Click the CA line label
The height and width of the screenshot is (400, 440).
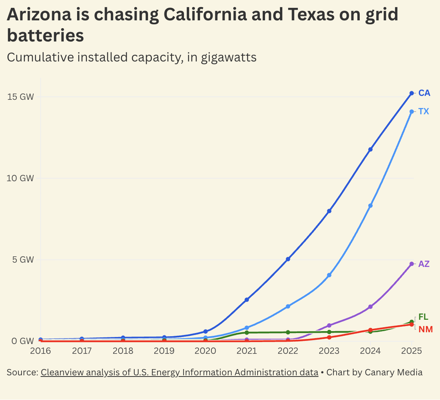click(x=424, y=93)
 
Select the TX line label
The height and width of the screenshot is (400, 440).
click(x=424, y=112)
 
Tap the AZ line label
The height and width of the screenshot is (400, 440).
click(x=424, y=264)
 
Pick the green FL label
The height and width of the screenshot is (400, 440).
click(x=423, y=317)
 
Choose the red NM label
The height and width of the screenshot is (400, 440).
click(x=426, y=330)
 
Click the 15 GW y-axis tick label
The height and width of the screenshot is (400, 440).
click(x=21, y=97)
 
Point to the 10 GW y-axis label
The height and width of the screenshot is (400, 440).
click(x=21, y=178)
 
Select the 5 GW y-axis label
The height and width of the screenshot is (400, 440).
click(x=23, y=259)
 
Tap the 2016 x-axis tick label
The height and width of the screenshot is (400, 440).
click(x=41, y=351)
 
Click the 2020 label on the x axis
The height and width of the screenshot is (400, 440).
click(x=206, y=351)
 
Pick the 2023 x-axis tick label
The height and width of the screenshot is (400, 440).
click(x=329, y=351)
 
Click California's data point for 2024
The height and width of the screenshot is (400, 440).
click(x=370, y=150)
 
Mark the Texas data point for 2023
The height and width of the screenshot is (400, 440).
click(x=329, y=275)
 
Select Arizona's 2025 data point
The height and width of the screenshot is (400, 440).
click(x=411, y=264)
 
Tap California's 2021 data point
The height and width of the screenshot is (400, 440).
click(x=247, y=300)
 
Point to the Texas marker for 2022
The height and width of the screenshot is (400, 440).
click(x=288, y=306)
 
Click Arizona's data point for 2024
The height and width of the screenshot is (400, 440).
click(x=370, y=307)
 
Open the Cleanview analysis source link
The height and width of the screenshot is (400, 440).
click(x=179, y=372)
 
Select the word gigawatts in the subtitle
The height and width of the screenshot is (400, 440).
click(x=229, y=57)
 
